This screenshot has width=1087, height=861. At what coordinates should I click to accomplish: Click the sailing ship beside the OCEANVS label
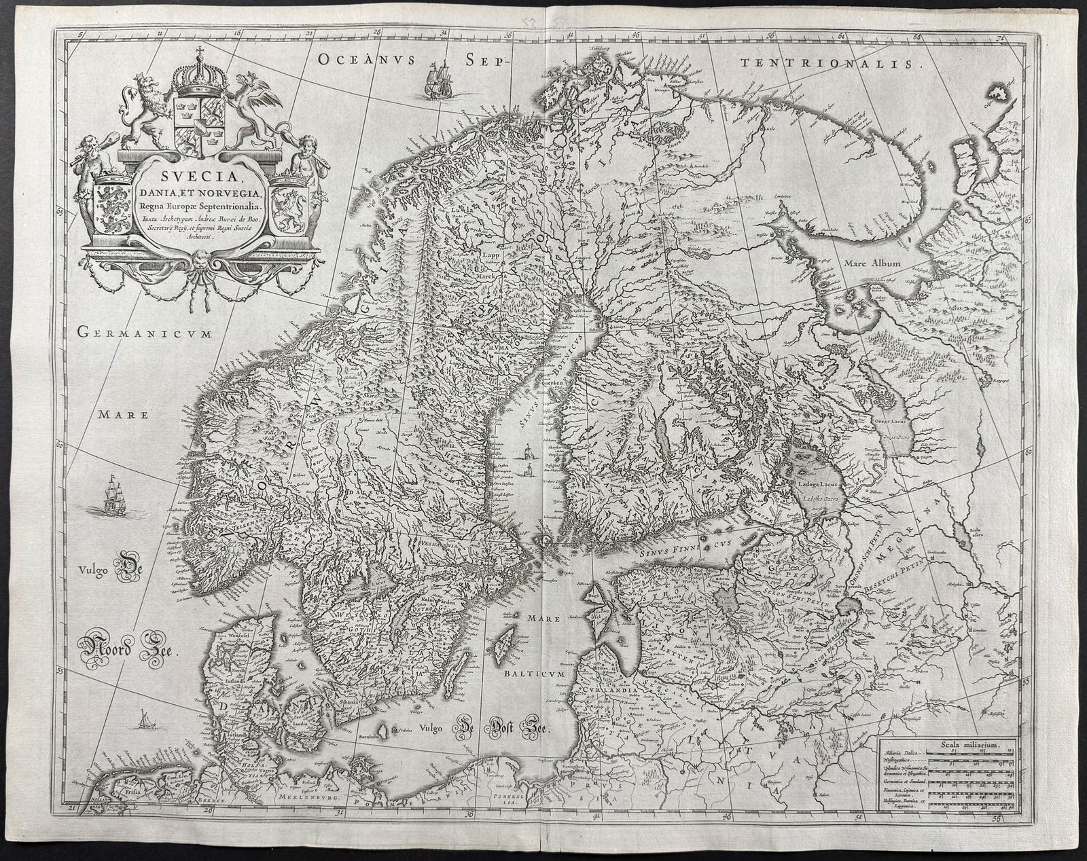coord(435,79)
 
